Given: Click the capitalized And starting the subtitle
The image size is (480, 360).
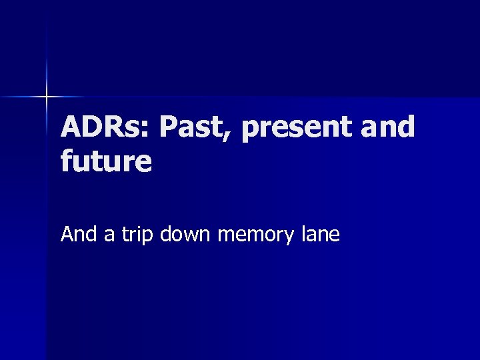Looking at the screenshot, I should [x=78, y=234].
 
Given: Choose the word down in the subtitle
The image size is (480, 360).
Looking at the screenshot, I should [x=183, y=234].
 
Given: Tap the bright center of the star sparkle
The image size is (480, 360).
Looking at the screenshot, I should [x=47, y=97].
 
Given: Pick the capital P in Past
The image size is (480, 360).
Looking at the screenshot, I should [x=171, y=127].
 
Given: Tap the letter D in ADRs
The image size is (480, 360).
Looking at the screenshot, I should [x=94, y=127].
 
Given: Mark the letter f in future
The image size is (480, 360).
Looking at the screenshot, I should [x=67, y=161].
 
